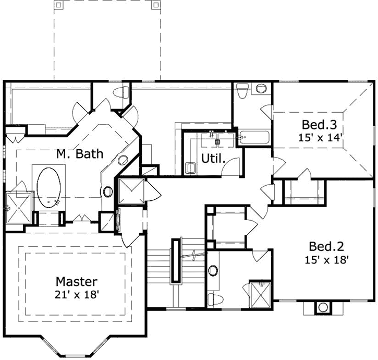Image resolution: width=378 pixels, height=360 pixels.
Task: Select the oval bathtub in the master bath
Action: coord(49,187)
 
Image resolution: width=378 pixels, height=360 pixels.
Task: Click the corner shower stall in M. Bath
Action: coord(19,207)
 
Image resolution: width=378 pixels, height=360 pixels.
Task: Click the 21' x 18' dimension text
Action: coord(77,294)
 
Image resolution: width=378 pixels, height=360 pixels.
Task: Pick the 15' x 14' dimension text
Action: coord(322,138)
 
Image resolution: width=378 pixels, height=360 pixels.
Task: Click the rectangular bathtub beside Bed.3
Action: coord(254,137)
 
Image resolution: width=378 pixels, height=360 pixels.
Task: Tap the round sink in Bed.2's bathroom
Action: coord(213,271)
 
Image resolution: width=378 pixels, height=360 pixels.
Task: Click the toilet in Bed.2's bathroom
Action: coord(214,299)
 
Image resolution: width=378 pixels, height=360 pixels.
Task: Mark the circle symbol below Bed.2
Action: coord(322,307)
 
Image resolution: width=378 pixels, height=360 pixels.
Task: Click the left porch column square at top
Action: coord(58,5)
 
